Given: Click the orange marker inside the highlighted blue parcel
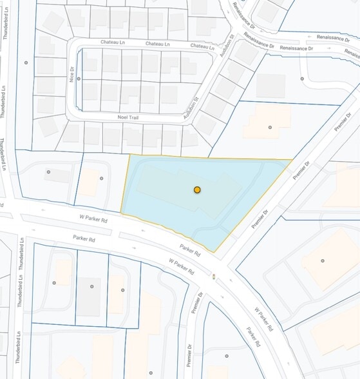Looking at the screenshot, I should tap(198, 189).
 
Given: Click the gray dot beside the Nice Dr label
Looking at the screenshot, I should tap(79, 79).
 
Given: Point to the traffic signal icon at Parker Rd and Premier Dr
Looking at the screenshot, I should tap(214, 277).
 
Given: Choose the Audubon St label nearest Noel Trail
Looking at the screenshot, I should tap(187, 101).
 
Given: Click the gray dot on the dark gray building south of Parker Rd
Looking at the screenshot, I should tap(91, 286).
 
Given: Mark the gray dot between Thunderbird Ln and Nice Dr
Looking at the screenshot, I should tap(26, 63).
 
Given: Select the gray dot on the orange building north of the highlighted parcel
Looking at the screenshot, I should tap(270, 127).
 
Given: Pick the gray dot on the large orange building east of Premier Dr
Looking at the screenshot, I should tap(322, 260).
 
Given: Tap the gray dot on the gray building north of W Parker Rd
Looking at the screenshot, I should tap(48, 171).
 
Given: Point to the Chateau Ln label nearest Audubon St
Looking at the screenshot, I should tap(202, 47).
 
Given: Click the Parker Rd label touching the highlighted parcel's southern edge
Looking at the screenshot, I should tap(191, 249).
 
